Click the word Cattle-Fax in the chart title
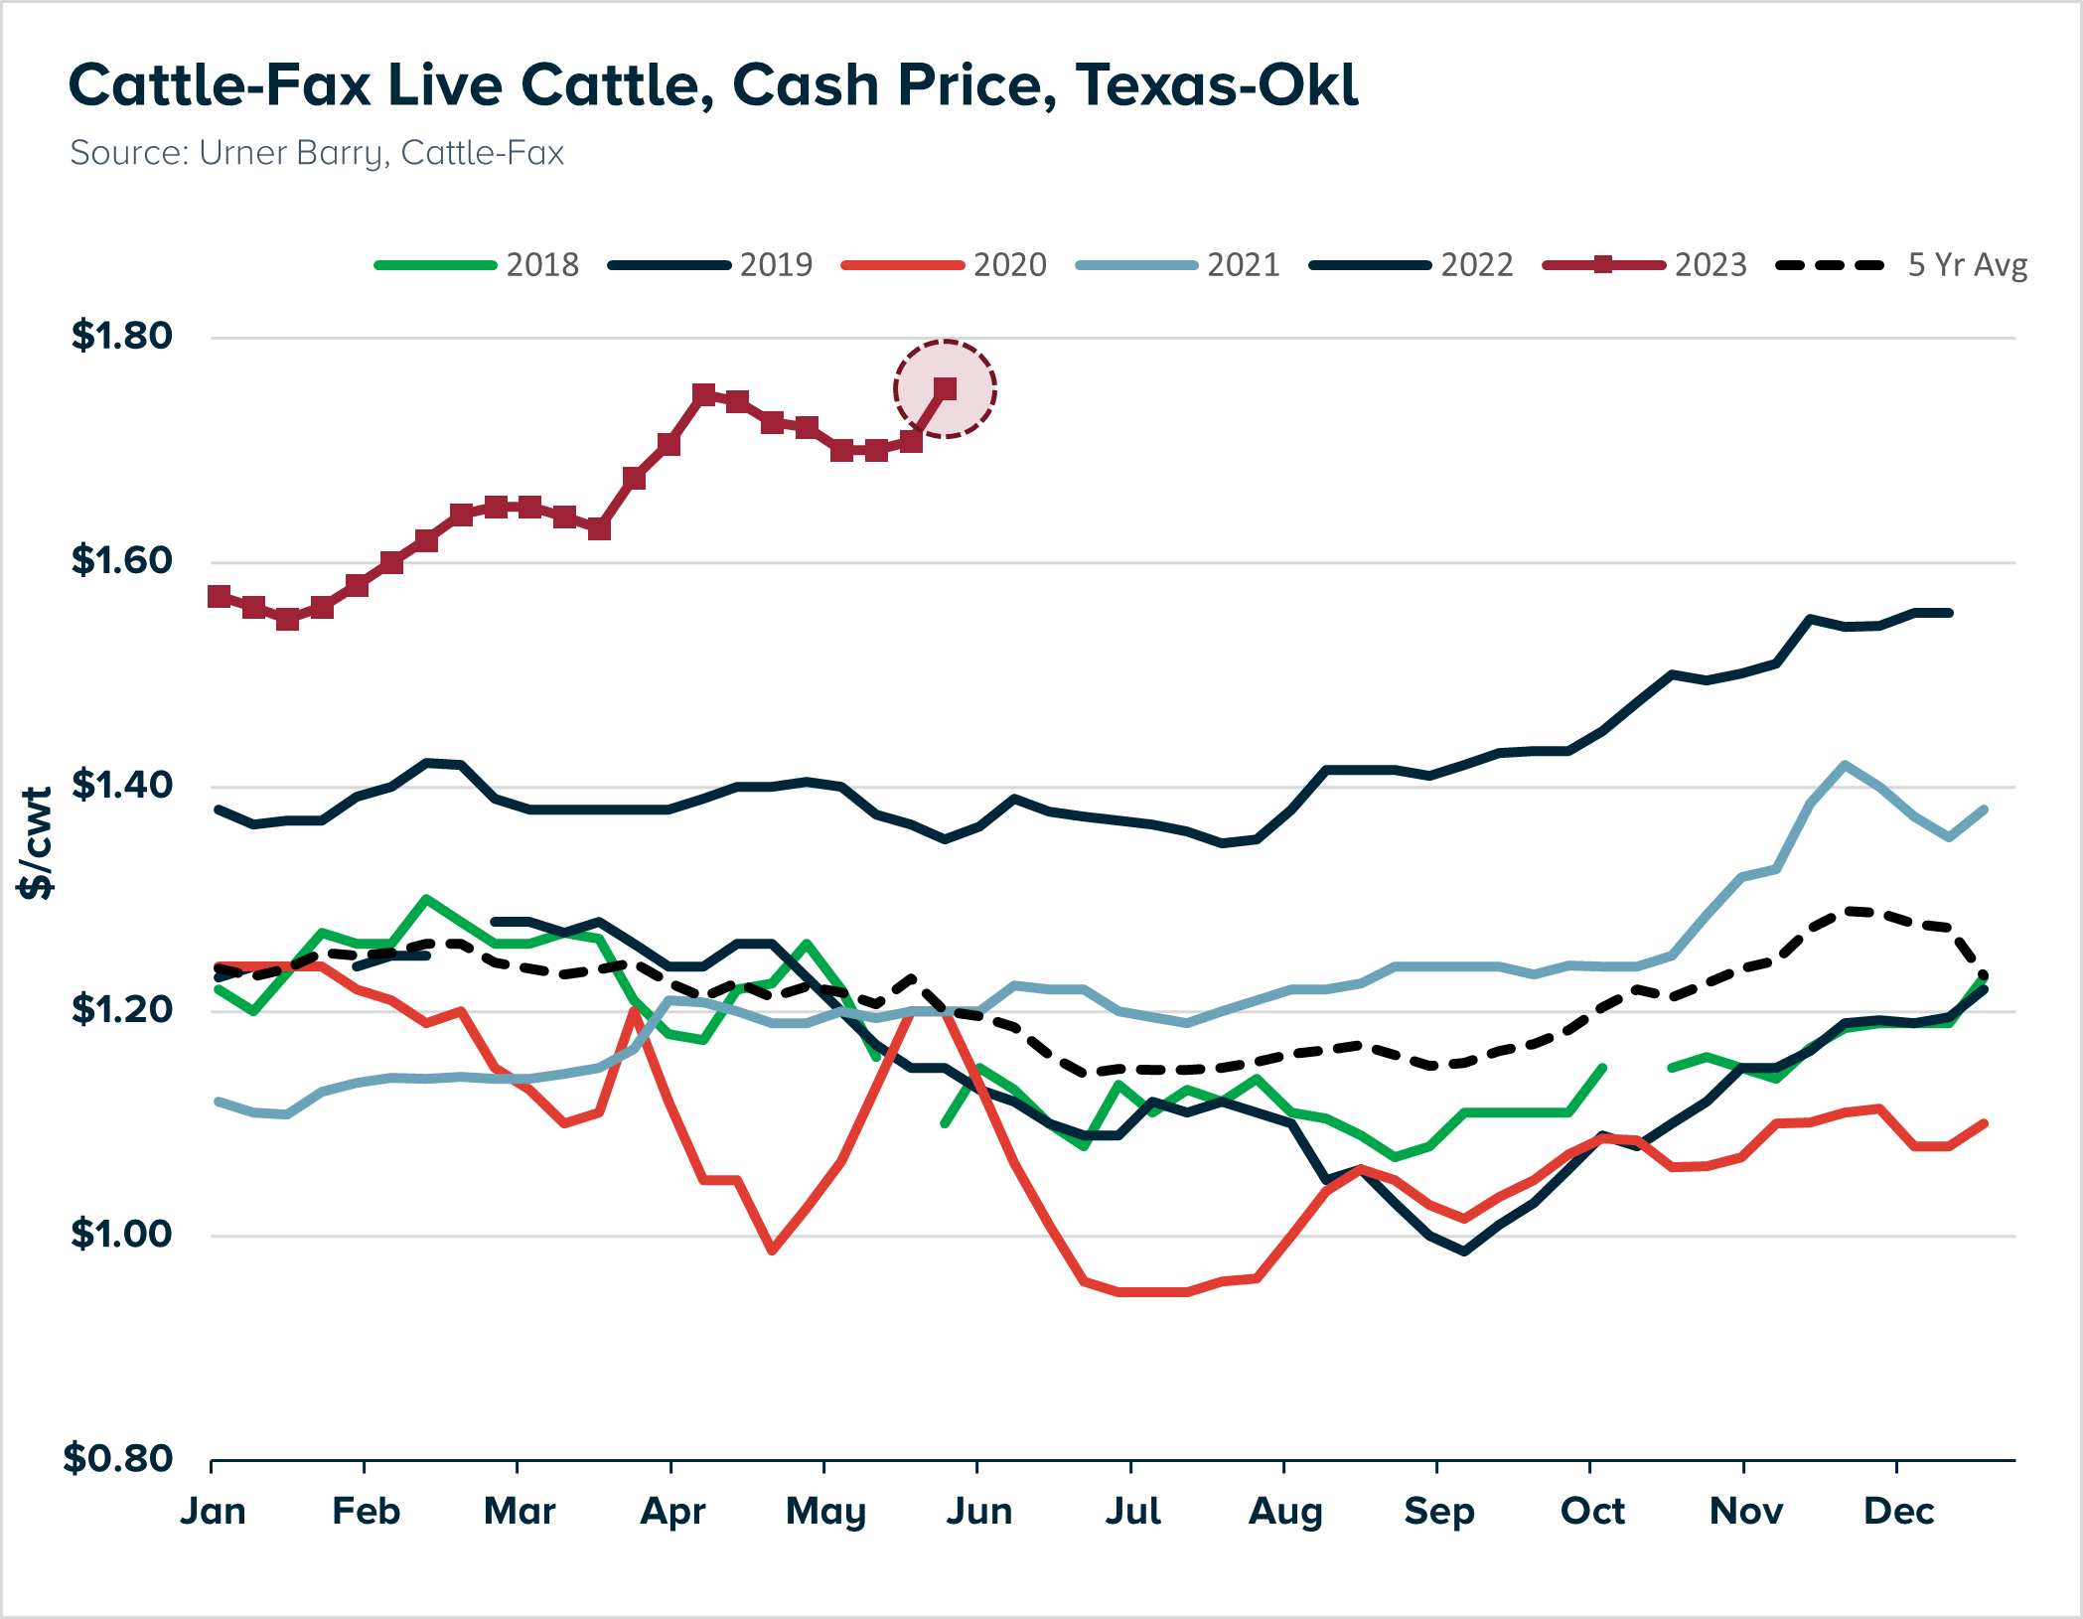point(219,85)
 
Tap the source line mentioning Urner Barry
point(316,153)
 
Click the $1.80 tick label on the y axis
point(122,336)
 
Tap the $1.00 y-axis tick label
point(122,1235)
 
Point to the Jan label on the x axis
point(213,1511)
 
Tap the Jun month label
point(978,1511)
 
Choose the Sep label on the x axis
point(1438,1511)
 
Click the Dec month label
point(1898,1511)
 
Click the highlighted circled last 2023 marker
point(945,389)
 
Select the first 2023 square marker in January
point(219,596)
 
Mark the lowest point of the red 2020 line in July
point(1152,1292)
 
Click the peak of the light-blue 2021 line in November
point(1845,764)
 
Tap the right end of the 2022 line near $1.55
point(1949,613)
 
